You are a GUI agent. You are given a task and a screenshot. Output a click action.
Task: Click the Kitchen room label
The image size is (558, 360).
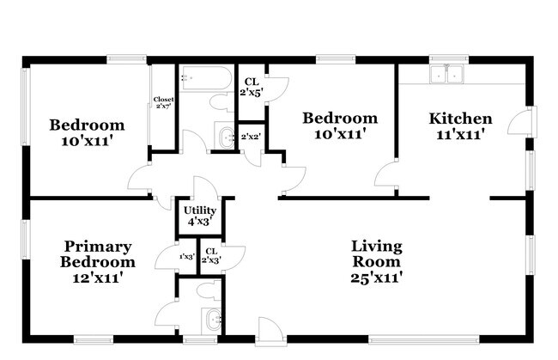(x=460, y=119)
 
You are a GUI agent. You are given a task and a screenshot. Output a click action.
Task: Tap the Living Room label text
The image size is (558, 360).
(x=377, y=253)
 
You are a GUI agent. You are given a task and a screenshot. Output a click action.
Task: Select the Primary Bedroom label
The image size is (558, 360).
(x=98, y=253)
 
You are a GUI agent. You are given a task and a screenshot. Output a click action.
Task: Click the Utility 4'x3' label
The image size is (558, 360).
(x=200, y=216)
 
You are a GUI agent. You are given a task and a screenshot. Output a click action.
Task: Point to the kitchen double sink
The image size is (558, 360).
(x=447, y=74)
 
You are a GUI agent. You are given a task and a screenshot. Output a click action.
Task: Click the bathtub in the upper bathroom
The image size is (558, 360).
(x=205, y=78)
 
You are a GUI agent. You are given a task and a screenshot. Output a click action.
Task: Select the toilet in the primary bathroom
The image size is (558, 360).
(x=209, y=290)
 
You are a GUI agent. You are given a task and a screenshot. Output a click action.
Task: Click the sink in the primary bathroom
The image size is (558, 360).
(x=212, y=320)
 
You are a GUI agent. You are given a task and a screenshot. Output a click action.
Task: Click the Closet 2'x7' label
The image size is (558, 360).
(x=163, y=102)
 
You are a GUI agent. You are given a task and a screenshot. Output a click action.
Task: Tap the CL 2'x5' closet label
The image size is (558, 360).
(x=252, y=88)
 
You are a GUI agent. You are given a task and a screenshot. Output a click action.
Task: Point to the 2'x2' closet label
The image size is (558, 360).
(x=251, y=137)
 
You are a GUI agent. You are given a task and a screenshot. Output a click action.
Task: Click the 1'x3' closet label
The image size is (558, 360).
(x=187, y=256)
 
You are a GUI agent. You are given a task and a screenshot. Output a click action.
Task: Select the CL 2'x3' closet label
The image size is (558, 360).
(x=211, y=256)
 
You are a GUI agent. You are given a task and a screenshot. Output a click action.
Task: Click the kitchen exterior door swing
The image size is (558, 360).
(x=519, y=121)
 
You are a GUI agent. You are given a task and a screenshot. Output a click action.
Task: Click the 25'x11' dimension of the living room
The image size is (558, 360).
(x=377, y=277)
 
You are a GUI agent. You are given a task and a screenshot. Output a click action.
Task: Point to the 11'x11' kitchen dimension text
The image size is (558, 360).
(x=460, y=134)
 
